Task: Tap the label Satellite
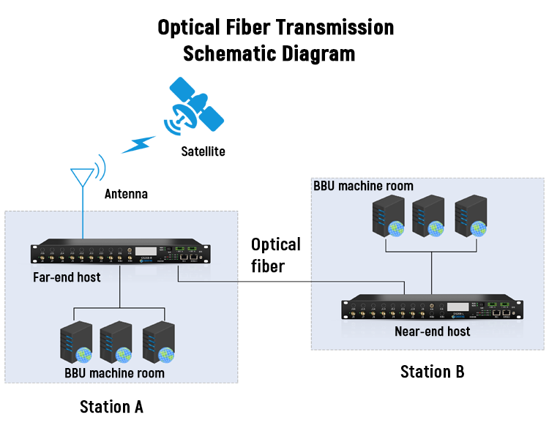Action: click(x=203, y=152)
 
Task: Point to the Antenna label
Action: click(x=126, y=195)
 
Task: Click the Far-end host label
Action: click(x=67, y=277)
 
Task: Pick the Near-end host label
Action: click(x=432, y=331)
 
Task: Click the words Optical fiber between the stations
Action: click(x=275, y=254)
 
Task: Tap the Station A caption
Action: click(x=111, y=406)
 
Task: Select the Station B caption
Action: click(x=432, y=372)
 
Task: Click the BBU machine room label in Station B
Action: click(x=363, y=186)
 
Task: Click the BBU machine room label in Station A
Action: click(x=114, y=373)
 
